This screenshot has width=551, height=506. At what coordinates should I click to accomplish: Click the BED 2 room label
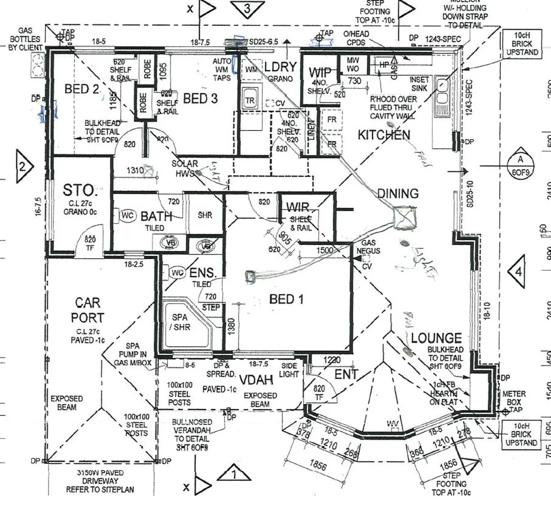(82, 89)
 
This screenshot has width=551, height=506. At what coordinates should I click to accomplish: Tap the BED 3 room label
(200, 99)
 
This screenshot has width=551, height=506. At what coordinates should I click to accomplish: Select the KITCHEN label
(384, 135)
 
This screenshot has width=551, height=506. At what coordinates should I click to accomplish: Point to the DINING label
(398, 193)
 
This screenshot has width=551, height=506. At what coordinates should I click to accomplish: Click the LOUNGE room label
(436, 338)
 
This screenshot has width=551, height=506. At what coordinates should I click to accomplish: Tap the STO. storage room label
(80, 191)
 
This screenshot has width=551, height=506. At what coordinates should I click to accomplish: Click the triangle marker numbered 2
(23, 165)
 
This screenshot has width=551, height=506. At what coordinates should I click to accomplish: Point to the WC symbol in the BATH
(127, 216)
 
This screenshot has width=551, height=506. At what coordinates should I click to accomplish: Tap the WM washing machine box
(252, 69)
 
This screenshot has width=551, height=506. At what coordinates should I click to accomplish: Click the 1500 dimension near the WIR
(325, 250)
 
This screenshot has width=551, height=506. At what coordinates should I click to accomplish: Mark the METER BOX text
(514, 398)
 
